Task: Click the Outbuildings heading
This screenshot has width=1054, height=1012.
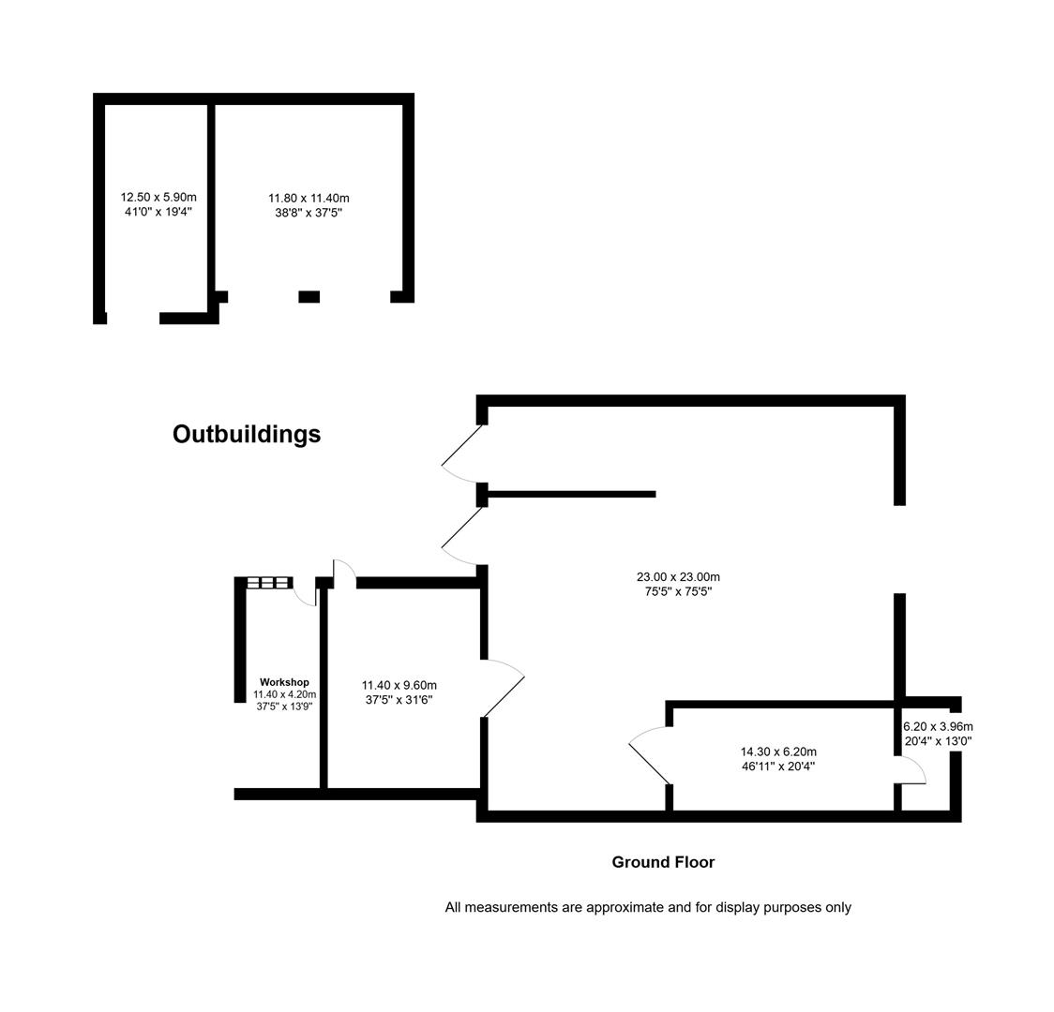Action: point(247,435)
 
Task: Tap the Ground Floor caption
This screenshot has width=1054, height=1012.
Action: point(663,862)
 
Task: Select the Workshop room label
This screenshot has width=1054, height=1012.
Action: point(284,682)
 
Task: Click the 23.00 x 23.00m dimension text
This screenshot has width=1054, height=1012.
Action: point(678,577)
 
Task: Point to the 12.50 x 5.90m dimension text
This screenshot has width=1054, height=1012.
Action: point(158,198)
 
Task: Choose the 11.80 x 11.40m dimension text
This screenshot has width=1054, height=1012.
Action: point(309,198)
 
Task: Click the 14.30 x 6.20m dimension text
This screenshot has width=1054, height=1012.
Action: point(778,752)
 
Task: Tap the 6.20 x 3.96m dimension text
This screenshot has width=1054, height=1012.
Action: point(939,726)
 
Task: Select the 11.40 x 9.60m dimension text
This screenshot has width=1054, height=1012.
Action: point(399,686)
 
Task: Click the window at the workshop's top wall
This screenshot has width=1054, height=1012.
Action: point(269,583)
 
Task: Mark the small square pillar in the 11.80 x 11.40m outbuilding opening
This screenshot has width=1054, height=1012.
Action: point(309,297)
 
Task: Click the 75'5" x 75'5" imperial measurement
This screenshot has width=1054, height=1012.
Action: point(678,591)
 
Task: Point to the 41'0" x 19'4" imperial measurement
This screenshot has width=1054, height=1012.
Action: point(158,212)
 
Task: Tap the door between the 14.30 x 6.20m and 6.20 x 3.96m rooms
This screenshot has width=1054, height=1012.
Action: point(912,769)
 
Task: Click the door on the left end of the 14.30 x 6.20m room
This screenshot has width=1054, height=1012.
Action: point(649,756)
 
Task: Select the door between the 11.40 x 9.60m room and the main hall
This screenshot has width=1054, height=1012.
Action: point(504,688)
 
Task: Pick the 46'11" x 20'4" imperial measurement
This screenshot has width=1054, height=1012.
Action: point(778,766)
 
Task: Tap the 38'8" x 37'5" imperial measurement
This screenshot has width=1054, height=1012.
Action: point(309,213)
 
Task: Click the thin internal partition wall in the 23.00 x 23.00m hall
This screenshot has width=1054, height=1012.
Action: point(571,494)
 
